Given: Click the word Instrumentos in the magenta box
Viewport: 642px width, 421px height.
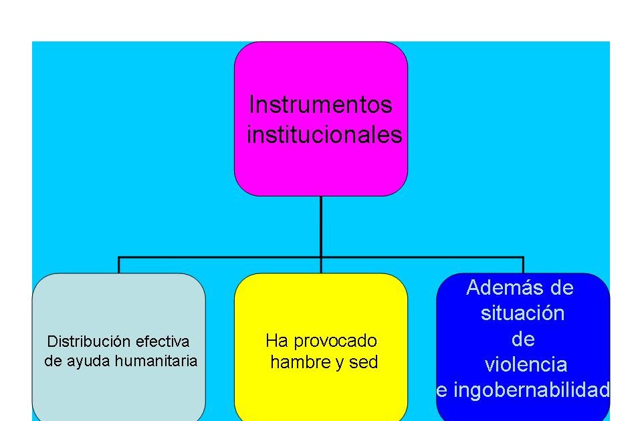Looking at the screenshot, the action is [320, 105].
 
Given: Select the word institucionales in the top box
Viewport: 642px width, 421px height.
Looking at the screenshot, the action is [324, 135].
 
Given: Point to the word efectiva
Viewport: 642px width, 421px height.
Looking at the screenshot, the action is [163, 341].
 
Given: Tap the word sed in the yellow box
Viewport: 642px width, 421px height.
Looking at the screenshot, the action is [365, 362].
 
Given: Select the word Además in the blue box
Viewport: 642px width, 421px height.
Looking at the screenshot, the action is [500, 287].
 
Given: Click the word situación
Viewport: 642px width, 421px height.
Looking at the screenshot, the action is [522, 313].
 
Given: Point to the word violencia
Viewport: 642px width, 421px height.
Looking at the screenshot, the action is [526, 365].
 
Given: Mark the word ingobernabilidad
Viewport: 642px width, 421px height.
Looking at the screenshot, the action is [532, 390].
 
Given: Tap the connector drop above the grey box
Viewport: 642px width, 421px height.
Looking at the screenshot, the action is [119, 265].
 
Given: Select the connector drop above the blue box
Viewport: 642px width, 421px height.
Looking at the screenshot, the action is [523, 265].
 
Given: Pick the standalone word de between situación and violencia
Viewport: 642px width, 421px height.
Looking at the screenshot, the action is [523, 339].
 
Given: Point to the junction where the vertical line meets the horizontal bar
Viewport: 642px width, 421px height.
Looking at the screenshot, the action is [321, 257].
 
